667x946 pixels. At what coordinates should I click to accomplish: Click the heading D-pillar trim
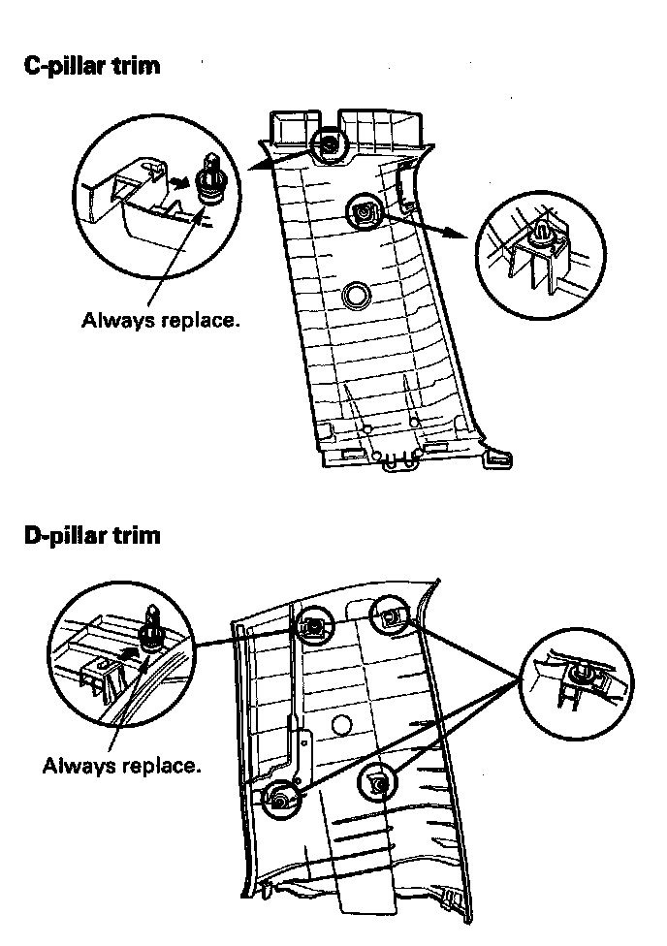coord(92,534)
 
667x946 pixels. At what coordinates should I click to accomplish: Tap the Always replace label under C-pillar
coord(160,319)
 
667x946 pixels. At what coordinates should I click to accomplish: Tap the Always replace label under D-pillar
coord(121,766)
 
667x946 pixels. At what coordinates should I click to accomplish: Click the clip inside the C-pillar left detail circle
coord(209,178)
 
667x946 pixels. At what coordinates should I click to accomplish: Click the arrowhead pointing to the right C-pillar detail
coord(456,236)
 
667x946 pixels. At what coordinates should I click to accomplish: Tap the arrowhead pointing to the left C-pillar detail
coord(254,167)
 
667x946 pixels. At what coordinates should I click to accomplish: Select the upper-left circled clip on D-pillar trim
coord(312,627)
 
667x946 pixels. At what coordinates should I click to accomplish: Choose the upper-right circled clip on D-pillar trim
coord(389,613)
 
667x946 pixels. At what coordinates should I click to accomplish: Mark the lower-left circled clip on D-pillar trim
coord(280,799)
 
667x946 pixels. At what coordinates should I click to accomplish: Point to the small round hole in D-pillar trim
coord(339,724)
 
